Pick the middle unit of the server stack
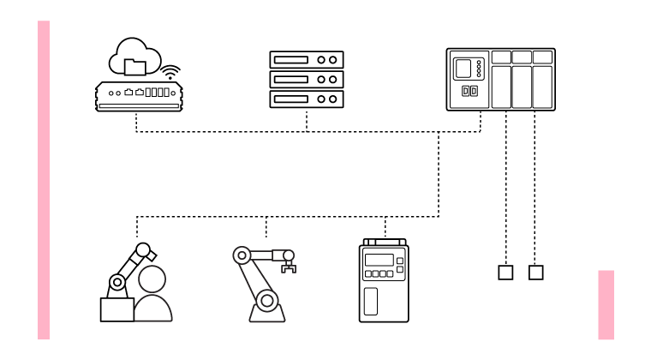click(x=307, y=79)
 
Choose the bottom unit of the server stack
click(x=307, y=99)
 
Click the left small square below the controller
click(x=505, y=273)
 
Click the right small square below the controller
click(x=536, y=273)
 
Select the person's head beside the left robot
click(x=152, y=279)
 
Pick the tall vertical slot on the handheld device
click(x=372, y=302)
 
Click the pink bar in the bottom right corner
click(x=606, y=304)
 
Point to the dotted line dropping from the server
click(x=307, y=121)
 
